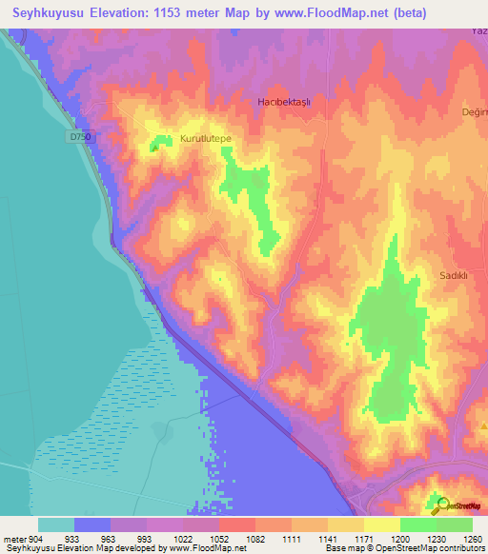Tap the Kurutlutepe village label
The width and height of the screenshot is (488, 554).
(206, 139)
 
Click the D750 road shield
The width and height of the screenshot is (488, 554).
(81, 137)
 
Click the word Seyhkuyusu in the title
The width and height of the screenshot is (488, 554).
(47, 13)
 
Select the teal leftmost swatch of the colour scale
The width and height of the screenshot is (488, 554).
(55, 524)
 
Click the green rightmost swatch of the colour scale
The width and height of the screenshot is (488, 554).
(454, 524)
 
